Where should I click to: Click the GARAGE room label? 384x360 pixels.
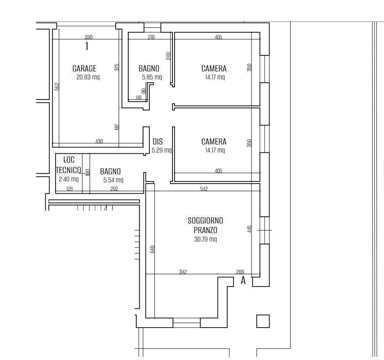point(84,68)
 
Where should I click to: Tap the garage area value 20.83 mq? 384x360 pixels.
point(88,77)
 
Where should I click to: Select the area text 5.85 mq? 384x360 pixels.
point(152,77)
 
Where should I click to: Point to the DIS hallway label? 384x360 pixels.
point(157,142)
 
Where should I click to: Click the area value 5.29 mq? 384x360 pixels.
point(162,150)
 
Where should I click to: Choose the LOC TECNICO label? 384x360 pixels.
point(69,165)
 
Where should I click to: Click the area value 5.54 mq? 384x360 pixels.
point(113,180)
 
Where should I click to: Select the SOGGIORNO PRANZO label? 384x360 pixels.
point(205,225)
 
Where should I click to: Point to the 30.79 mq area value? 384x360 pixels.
point(205,239)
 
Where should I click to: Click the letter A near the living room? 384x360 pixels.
point(243,281)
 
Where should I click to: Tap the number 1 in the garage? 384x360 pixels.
point(87,47)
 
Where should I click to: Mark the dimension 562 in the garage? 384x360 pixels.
point(57,86)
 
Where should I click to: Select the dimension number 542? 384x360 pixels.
point(204,189)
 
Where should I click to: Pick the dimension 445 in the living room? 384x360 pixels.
point(249,229)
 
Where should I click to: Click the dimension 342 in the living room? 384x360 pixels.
point(183,272)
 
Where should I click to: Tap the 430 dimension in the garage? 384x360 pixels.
point(99,142)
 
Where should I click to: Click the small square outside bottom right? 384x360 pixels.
point(263,321)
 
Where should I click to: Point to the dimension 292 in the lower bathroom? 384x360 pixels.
point(114,189)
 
